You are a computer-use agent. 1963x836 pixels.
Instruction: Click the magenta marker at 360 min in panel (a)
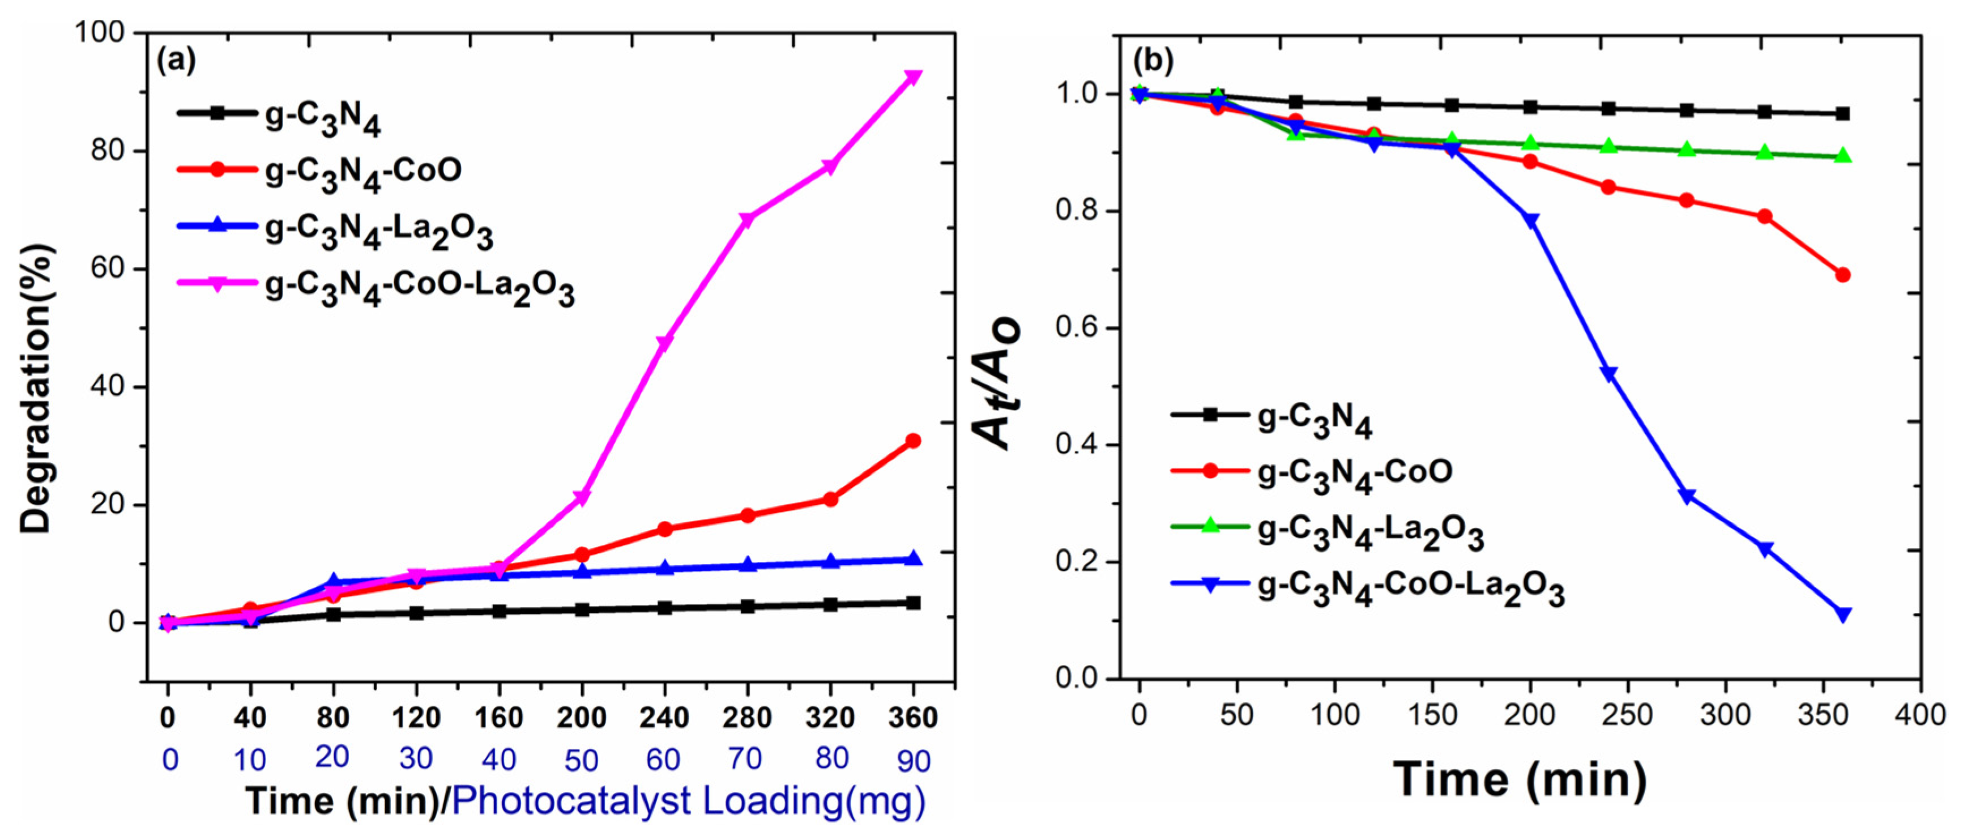tap(912, 77)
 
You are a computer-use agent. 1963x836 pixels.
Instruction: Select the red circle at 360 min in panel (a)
tap(912, 441)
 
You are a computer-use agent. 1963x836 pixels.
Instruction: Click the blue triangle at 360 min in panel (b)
tap(1842, 614)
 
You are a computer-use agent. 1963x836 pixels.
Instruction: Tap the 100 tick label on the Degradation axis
tap(99, 33)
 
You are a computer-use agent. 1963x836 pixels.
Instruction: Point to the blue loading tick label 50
tap(581, 760)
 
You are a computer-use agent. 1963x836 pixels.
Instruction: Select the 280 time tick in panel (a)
tap(747, 717)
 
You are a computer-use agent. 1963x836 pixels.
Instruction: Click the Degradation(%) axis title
tap(36, 389)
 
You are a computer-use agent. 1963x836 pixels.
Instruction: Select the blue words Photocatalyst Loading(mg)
tap(689, 801)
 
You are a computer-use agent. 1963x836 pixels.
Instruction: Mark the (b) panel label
tap(1153, 59)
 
